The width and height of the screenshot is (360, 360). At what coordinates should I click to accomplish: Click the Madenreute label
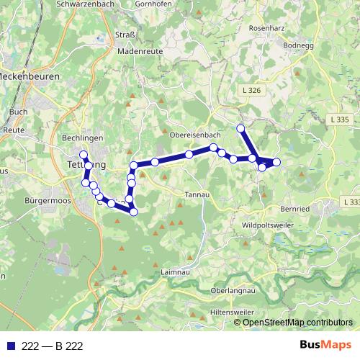(139, 53)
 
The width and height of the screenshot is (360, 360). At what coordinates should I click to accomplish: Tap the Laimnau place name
(176, 273)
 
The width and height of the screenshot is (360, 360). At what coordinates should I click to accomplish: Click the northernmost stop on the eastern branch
(240, 128)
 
